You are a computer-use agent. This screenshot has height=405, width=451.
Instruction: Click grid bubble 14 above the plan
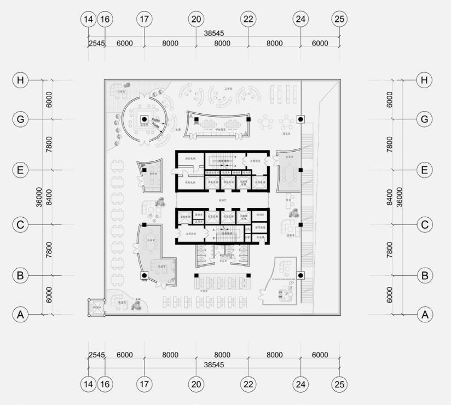click(x=88, y=19)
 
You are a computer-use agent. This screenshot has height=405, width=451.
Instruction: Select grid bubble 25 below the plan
click(x=339, y=385)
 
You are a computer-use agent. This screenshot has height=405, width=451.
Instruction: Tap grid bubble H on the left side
click(x=21, y=80)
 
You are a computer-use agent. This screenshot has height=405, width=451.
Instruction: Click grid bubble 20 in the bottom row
click(x=196, y=385)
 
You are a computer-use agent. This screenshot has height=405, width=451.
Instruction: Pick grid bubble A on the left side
click(x=21, y=315)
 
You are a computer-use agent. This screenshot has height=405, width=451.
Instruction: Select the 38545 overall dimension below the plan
click(x=213, y=363)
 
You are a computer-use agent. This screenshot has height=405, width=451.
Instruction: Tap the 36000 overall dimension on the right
click(x=400, y=196)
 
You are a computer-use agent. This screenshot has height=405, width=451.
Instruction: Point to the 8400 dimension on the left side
click(x=49, y=196)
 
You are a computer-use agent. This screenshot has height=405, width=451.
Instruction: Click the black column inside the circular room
click(x=144, y=119)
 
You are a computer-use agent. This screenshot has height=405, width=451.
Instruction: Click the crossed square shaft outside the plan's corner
click(x=96, y=307)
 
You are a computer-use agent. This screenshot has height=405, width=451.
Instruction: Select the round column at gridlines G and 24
click(x=300, y=119)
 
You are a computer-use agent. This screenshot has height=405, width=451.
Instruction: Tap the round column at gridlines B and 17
click(x=144, y=275)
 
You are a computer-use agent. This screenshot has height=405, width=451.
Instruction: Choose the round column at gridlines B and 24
click(x=300, y=275)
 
